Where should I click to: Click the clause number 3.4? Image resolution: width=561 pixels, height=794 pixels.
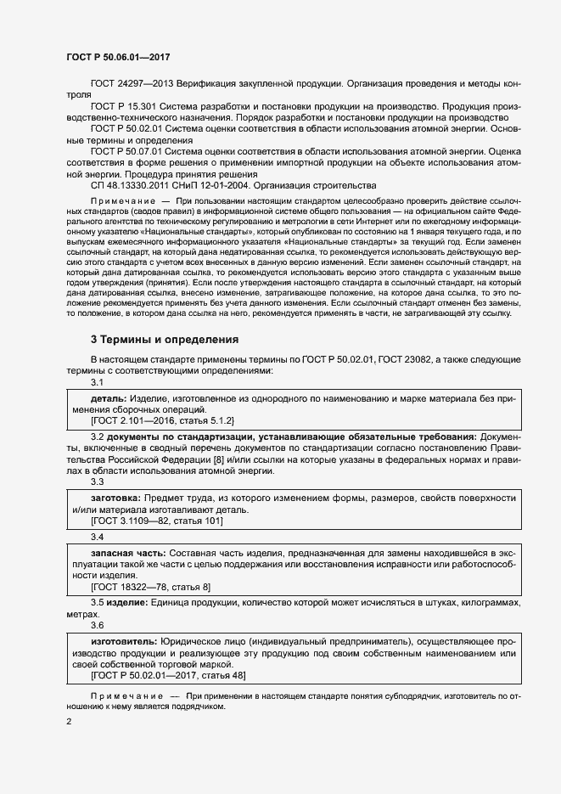pos(98,537)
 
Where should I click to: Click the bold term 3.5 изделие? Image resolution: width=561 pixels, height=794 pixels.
pos(119,603)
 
